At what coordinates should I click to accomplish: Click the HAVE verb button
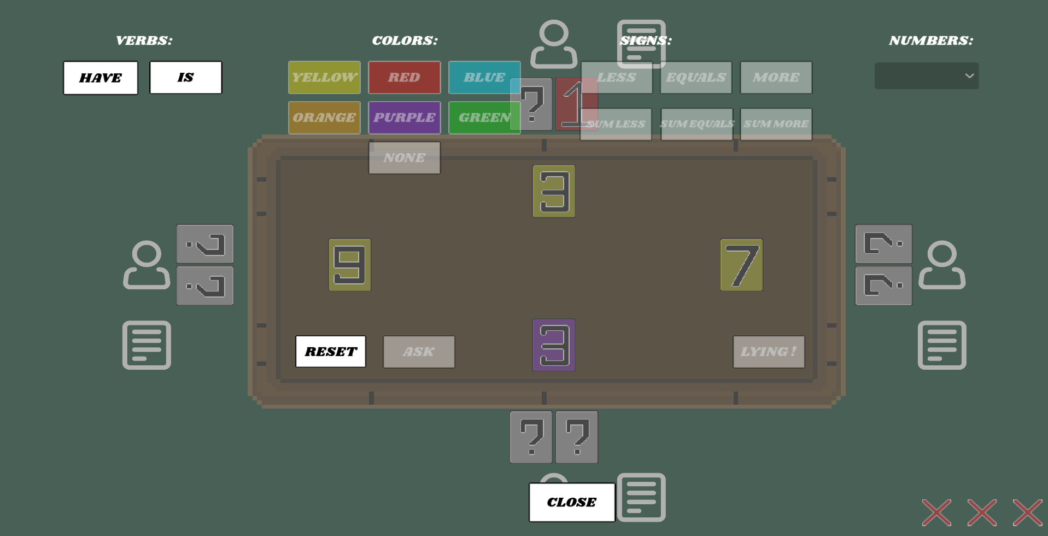101,78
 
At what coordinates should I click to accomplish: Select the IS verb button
186,78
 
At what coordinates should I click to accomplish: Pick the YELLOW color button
324,78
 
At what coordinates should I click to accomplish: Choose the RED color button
405,78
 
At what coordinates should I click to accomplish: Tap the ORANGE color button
324,118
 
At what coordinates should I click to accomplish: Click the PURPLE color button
405,118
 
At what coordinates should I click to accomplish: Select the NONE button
405,158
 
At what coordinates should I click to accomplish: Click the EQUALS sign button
696,78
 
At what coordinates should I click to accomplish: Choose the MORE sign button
776,78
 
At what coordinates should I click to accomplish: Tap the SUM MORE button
776,124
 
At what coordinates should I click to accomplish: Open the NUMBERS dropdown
927,76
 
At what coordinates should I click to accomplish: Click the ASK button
419,352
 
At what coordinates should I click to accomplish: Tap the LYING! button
769,352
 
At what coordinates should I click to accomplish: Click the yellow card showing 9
350,265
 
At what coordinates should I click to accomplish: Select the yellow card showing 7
742,265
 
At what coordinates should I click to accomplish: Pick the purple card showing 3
554,345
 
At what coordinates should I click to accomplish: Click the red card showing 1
577,104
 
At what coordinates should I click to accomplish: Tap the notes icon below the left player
147,345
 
